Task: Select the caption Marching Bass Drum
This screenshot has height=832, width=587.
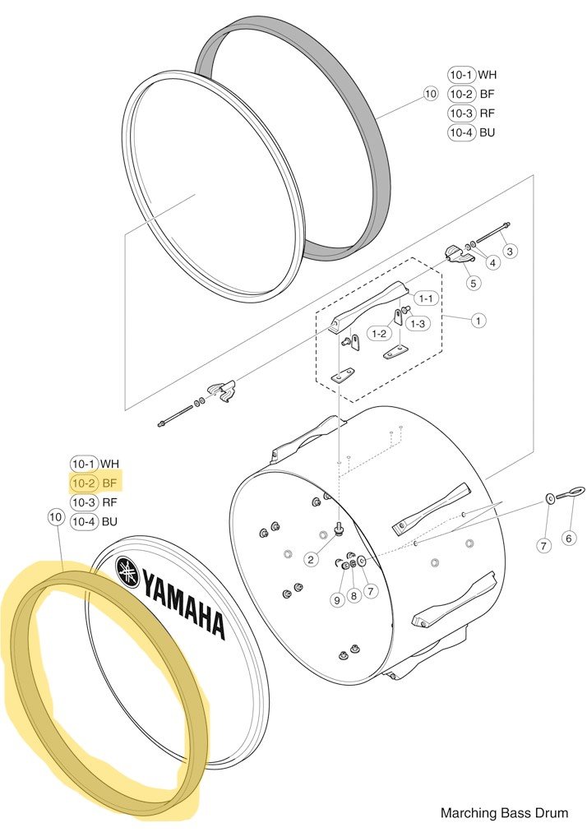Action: click(x=504, y=812)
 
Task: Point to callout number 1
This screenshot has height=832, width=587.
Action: click(x=478, y=321)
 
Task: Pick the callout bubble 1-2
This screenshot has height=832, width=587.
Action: click(x=379, y=334)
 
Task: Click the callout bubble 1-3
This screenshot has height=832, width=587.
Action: click(x=418, y=323)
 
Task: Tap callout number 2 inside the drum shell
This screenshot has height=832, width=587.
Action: click(x=311, y=559)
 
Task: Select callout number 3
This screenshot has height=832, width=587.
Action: click(x=510, y=251)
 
